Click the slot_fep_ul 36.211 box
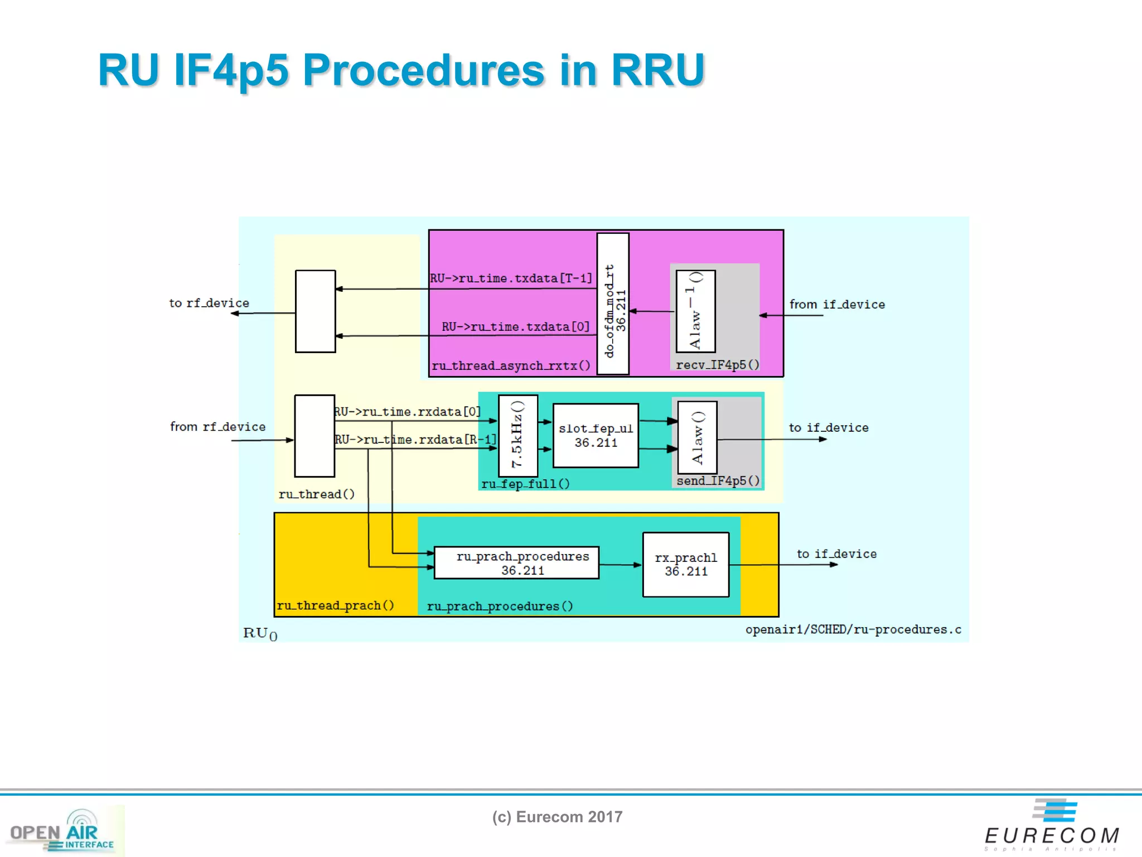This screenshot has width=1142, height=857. (x=596, y=435)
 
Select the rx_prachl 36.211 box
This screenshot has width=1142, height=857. (x=686, y=565)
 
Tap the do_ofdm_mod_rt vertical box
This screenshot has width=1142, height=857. (x=613, y=304)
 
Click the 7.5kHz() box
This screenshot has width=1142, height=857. (x=518, y=435)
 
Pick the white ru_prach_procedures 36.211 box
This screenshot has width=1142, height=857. (x=516, y=562)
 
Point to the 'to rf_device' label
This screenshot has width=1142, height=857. (x=209, y=303)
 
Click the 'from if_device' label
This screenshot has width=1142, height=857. (x=837, y=305)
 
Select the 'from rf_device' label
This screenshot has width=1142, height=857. (x=217, y=427)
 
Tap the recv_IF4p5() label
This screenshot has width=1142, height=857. (x=718, y=365)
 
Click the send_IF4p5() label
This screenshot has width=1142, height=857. (x=718, y=481)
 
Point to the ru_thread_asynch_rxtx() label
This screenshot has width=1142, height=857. (x=511, y=366)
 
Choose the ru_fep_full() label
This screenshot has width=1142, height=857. (x=525, y=484)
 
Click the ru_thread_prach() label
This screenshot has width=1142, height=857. (x=336, y=605)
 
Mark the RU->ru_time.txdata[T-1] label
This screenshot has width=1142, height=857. (x=511, y=278)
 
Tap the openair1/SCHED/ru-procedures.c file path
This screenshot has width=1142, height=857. (x=853, y=630)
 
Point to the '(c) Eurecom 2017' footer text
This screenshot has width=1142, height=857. (x=557, y=817)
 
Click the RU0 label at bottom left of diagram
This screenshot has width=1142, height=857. (x=260, y=633)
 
